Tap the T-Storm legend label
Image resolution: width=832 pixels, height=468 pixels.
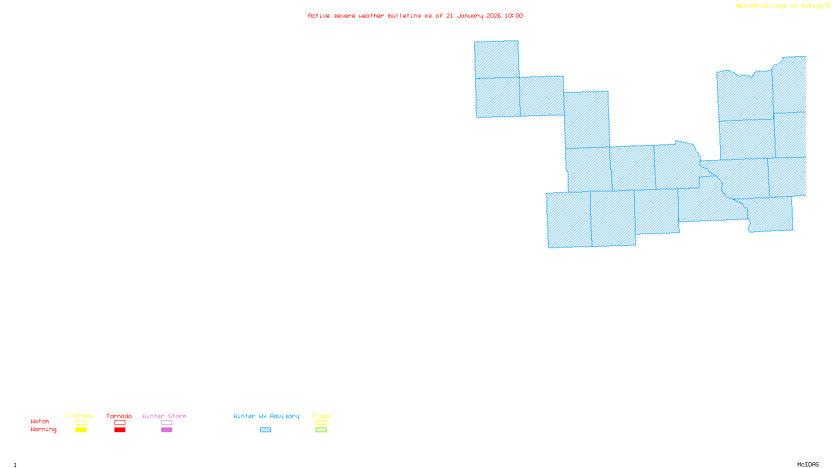click(x=80, y=416)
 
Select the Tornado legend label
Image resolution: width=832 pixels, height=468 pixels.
click(x=119, y=416)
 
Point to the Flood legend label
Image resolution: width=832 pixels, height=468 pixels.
click(x=321, y=416)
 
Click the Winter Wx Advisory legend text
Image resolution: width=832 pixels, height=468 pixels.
click(x=266, y=416)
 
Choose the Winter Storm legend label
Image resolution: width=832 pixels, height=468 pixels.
click(x=164, y=416)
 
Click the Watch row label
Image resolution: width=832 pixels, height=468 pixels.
click(x=40, y=421)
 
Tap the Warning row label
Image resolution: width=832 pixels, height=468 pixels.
click(x=44, y=430)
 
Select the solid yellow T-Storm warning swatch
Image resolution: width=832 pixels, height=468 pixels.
click(x=81, y=430)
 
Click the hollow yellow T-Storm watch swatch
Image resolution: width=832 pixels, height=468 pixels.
click(x=81, y=423)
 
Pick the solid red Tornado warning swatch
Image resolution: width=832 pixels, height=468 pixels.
click(x=120, y=430)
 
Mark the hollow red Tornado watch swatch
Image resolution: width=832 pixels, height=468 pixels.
click(x=120, y=423)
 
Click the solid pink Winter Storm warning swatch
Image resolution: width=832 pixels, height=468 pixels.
click(x=166, y=430)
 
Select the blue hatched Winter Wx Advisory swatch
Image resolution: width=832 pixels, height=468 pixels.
click(x=265, y=430)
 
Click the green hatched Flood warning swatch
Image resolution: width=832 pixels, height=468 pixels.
click(x=321, y=430)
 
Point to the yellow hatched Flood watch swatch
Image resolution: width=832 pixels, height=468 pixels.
click(x=321, y=423)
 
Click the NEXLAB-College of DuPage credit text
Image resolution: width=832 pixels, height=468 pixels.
click(x=779, y=6)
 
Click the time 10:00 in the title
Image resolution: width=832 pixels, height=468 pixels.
click(x=514, y=16)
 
